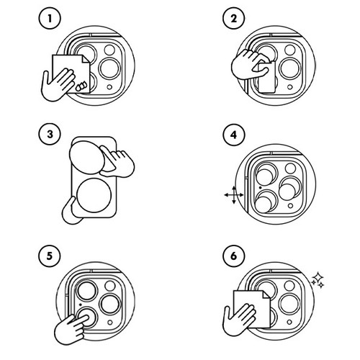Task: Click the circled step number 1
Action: [x=50, y=19]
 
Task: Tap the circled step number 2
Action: [x=234, y=19]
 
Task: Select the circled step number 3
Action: [x=50, y=134]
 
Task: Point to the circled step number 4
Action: [x=234, y=135]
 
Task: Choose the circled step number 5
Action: [x=49, y=256]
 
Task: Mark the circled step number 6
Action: [x=234, y=256]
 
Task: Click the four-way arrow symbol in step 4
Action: [x=234, y=195]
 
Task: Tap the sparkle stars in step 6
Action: [x=318, y=279]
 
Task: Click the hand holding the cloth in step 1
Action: [x=58, y=84]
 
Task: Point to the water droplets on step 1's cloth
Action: [x=81, y=86]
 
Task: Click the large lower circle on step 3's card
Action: [x=94, y=195]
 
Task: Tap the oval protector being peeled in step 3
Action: [x=87, y=158]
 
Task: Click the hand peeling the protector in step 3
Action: [x=117, y=161]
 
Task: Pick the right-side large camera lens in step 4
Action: [x=290, y=188]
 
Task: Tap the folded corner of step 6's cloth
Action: [x=266, y=294]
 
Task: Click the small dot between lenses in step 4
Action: [x=260, y=187]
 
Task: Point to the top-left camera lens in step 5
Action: [x=86, y=289]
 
